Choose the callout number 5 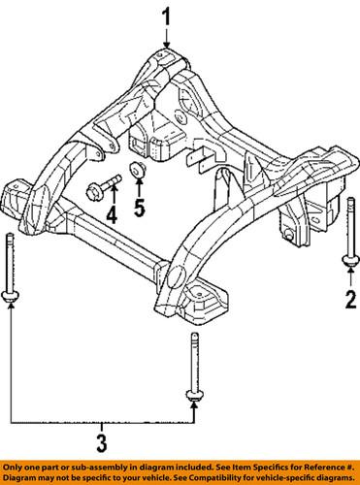click(139, 207)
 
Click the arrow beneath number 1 click(166, 39)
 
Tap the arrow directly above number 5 click(139, 187)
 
